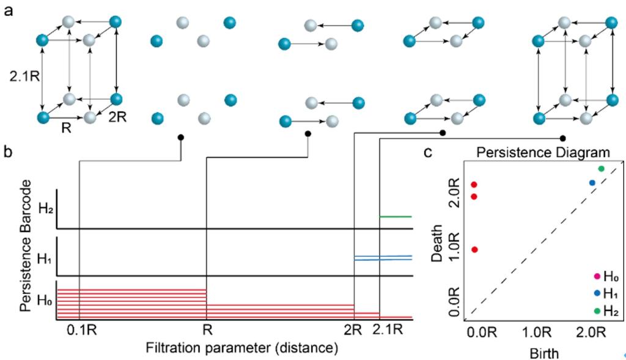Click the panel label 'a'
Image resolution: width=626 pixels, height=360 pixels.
[9, 11]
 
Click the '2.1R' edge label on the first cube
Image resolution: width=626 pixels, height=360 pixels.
[24, 76]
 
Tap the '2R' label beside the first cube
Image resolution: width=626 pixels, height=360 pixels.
[117, 117]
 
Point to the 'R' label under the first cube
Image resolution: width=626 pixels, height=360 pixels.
[66, 128]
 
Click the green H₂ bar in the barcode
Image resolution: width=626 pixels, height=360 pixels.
[396, 217]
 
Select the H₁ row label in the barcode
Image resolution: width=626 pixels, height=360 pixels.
[45, 259]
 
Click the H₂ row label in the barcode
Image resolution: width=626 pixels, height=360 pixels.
[46, 208]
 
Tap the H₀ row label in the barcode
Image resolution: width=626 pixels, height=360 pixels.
[45, 300]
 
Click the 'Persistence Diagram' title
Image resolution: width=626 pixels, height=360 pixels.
[543, 152]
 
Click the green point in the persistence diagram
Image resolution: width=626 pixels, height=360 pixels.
[602, 169]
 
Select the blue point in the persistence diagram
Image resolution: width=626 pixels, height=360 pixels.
[592, 183]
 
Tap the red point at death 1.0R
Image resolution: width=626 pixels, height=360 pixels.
[474, 249]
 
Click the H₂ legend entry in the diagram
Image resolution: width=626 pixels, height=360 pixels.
[606, 310]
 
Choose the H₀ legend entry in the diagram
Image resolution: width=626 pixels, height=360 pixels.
[606, 276]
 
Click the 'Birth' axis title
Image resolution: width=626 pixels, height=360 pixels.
[544, 353]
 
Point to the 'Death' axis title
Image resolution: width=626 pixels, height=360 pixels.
[438, 243]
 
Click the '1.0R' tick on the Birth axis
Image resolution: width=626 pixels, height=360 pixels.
[537, 332]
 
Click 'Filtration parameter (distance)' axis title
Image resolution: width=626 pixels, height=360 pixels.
[241, 348]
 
